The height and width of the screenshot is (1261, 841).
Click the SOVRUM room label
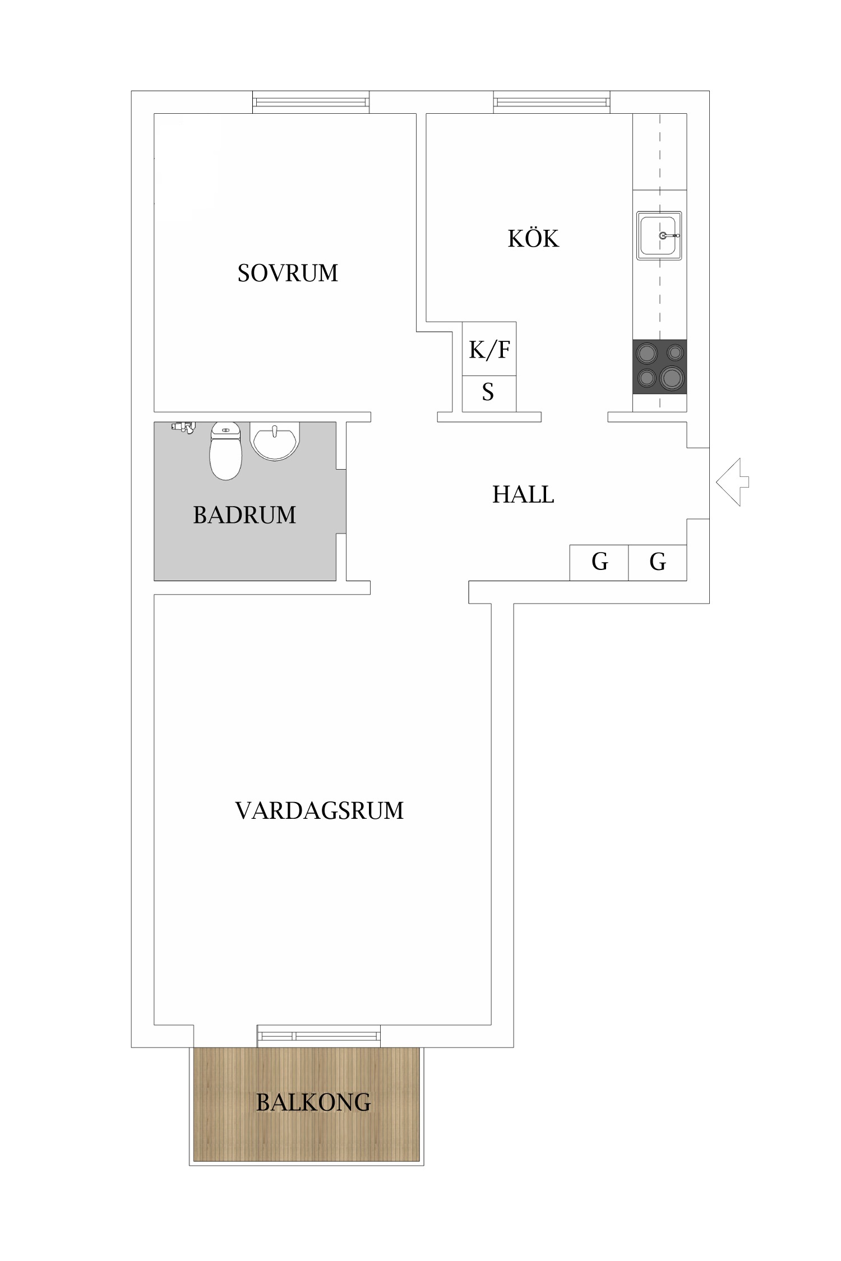(x=288, y=273)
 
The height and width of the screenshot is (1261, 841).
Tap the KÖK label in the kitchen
(x=533, y=239)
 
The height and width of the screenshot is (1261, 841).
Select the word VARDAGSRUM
(x=319, y=810)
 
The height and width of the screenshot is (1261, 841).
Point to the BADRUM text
(x=244, y=514)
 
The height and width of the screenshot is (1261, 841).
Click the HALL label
(x=523, y=494)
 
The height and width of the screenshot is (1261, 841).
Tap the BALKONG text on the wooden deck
(x=313, y=1102)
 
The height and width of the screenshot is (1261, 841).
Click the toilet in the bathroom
(x=225, y=451)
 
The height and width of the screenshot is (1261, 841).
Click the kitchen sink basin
(x=659, y=235)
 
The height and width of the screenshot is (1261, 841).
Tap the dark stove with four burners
(x=659, y=367)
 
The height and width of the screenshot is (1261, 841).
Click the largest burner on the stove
(x=671, y=378)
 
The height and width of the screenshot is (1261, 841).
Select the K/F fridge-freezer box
(x=489, y=349)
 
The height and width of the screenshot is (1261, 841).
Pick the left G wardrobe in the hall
(x=599, y=562)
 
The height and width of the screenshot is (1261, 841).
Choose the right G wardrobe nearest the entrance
(x=657, y=562)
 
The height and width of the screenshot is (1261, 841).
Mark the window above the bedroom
(x=311, y=102)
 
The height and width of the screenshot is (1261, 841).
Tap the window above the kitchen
(x=551, y=102)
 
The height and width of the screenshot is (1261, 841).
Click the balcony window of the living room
(x=318, y=1036)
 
